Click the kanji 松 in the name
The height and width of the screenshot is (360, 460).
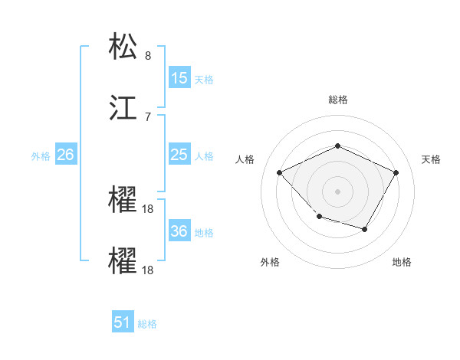125,47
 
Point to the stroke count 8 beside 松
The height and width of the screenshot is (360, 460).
148,56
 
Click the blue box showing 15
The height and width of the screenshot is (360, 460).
179,78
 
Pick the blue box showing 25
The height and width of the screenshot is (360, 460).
179,155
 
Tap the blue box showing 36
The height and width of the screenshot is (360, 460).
179,231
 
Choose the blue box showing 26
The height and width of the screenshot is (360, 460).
65,155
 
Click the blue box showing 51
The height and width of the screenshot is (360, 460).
123,322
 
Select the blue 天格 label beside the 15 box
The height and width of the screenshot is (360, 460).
203,80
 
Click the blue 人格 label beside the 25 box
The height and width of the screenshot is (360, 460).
203,156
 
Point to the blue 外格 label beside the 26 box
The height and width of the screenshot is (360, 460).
41,156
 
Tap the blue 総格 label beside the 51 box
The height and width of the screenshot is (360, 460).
147,324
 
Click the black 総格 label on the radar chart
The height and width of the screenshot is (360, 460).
337,100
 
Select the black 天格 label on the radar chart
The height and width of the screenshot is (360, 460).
431,159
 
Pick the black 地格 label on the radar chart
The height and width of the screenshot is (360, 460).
402,262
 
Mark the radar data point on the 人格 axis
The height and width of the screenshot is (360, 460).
280,172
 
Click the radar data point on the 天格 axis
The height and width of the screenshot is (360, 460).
396,172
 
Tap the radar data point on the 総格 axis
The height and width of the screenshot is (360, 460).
337,146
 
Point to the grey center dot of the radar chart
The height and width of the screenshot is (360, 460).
337,191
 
